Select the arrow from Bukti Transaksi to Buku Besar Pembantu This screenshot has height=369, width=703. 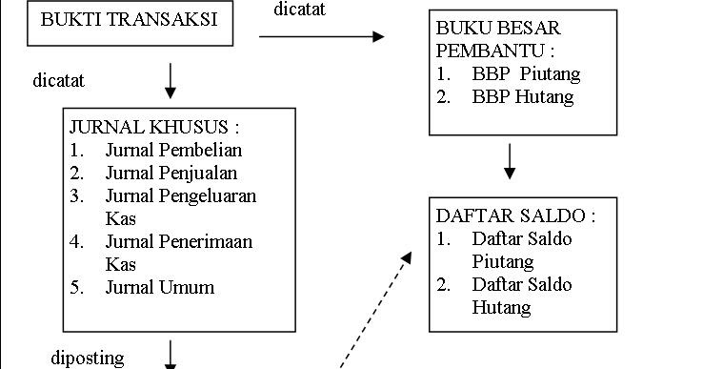tap(321, 36)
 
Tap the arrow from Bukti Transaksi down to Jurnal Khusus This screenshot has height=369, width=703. tap(171, 81)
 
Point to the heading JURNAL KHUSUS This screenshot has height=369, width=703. tap(153, 127)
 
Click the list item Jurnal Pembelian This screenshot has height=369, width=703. tap(173, 150)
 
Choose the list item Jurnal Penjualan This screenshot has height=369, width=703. tap(171, 173)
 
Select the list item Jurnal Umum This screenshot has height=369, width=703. tap(160, 287)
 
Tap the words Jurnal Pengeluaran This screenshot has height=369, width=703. tap(180, 195)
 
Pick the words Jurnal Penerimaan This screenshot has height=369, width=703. tap(178, 241)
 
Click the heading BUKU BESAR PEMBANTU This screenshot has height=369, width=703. tap(512, 39)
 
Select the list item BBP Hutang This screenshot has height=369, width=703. tap(523, 96)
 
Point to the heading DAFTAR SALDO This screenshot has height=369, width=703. tap(515, 215)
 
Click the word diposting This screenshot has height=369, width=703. tap(87, 359)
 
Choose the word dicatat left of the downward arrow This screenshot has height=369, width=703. tap(59, 81)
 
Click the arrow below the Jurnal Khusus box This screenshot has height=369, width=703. tap(171, 354)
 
